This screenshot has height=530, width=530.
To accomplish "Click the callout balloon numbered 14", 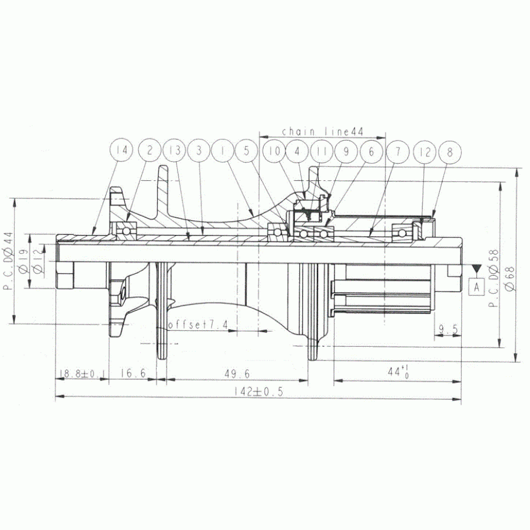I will pos(122,151).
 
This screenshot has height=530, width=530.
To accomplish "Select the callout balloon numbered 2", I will pos(150,151).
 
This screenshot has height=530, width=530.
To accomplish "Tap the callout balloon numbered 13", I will pos(174,151).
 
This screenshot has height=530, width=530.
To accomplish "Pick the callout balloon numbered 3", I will pos(199,151).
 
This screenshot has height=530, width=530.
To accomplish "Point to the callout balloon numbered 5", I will pos(246,151).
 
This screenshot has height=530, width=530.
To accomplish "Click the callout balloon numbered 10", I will pos(273,151).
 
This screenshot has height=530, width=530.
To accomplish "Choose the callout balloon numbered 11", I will pos(322,151).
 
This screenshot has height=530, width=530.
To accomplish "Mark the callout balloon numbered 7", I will pos(398,151).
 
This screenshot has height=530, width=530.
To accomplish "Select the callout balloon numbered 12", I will pos(425,151).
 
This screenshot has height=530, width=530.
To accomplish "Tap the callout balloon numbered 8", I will pos(450,151).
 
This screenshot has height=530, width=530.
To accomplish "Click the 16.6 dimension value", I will pos(133,373).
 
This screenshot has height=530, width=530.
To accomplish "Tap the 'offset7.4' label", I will pos(198,325).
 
